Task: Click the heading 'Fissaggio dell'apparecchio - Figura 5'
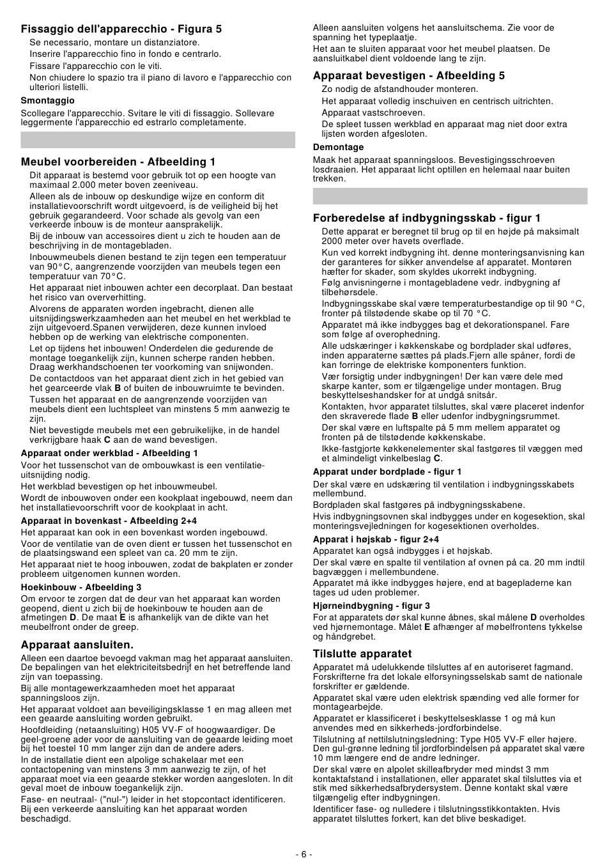121,29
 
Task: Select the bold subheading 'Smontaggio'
47,100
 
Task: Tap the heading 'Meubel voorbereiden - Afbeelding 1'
118,162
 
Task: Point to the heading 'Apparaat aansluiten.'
77,645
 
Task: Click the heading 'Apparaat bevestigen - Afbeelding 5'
409,75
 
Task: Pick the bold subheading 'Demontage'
338,147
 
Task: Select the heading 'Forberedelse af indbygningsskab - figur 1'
427,218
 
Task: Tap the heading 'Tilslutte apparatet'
362,654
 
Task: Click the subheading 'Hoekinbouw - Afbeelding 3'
81,587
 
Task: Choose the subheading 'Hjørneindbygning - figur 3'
371,606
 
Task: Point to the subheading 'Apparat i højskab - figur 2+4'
376,539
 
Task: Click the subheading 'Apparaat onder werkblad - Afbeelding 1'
109,453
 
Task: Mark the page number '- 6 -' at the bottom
303,854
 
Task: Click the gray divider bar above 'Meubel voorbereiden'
158,140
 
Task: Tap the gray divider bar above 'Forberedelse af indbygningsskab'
450,195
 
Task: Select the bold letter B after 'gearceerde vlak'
118,388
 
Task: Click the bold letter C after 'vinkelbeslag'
437,458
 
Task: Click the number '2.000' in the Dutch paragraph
79,185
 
